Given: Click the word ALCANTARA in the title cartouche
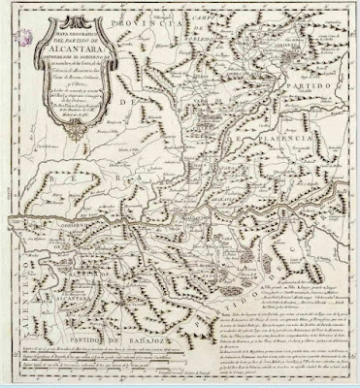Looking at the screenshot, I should point(70,57).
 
